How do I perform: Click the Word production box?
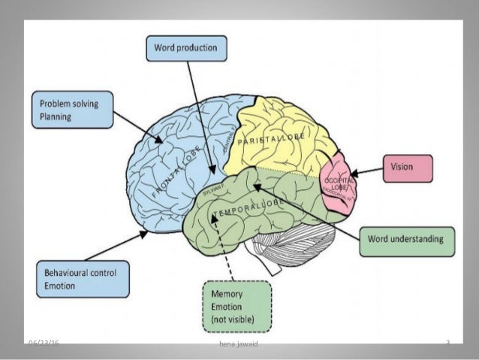coord(185,48)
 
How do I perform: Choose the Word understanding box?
coord(406,240)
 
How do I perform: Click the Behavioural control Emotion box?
coord(83,278)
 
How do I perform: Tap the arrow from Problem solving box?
coord(139,127)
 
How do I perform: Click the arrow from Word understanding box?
coord(308,211)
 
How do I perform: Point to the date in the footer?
coord(44,343)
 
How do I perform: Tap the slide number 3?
coord(447,343)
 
